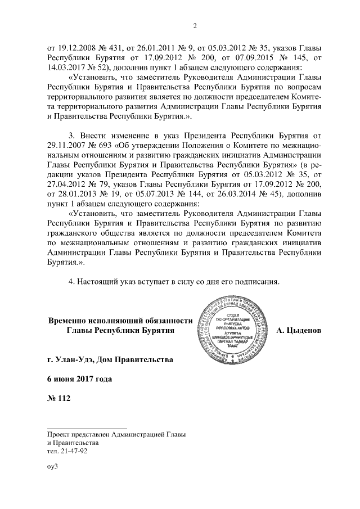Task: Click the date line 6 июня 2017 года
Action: point(80,379)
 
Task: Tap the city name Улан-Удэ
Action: point(79,358)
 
